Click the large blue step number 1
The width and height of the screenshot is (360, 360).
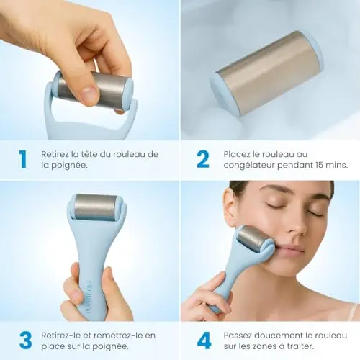23,159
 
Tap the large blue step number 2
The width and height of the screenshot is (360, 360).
203,159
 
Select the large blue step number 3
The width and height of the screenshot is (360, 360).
25,341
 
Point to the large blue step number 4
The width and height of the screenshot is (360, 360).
204,341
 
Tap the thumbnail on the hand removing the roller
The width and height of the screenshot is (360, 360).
89,96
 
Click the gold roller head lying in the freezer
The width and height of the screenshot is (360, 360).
267,73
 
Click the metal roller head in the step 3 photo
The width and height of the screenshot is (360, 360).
95,207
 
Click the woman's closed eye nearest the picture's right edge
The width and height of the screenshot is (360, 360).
315,212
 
